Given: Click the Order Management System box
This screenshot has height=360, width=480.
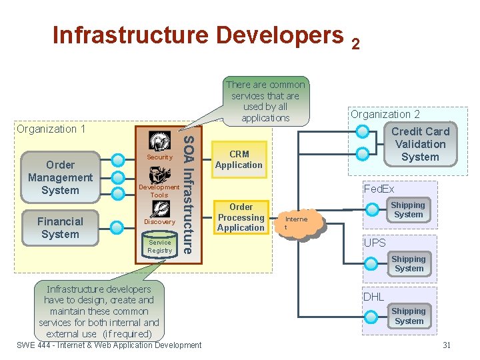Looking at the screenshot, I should click(60, 177).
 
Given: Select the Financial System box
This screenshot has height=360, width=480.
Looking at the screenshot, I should click(60, 228).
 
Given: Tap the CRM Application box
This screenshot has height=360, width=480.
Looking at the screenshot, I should click(239, 159).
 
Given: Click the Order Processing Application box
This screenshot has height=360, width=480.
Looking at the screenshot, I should click(241, 217).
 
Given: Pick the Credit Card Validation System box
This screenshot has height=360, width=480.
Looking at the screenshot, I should click(420, 145).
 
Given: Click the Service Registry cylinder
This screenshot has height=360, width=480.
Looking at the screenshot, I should click(160, 247).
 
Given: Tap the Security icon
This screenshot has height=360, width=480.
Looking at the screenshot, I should click(159, 141).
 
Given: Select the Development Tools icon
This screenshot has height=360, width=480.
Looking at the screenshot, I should click(159, 175).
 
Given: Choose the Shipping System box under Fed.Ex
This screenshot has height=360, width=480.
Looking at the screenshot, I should click(408, 210).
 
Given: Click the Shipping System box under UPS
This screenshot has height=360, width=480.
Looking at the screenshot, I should click(408, 263).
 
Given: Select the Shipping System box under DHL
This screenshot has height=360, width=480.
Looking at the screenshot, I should click(408, 316).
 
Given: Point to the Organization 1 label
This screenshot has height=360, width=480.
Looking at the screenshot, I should click(51, 129).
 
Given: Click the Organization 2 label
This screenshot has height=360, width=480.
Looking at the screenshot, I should click(385, 114).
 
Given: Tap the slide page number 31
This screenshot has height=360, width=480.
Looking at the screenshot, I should click(447, 345).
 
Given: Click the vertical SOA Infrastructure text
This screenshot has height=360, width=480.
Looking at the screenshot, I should click(189, 193).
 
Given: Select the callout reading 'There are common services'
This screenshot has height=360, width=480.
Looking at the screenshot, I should click(265, 101).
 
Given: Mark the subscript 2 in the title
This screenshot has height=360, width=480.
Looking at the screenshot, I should click(355, 44).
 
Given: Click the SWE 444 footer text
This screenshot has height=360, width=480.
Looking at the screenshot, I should click(109, 345).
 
